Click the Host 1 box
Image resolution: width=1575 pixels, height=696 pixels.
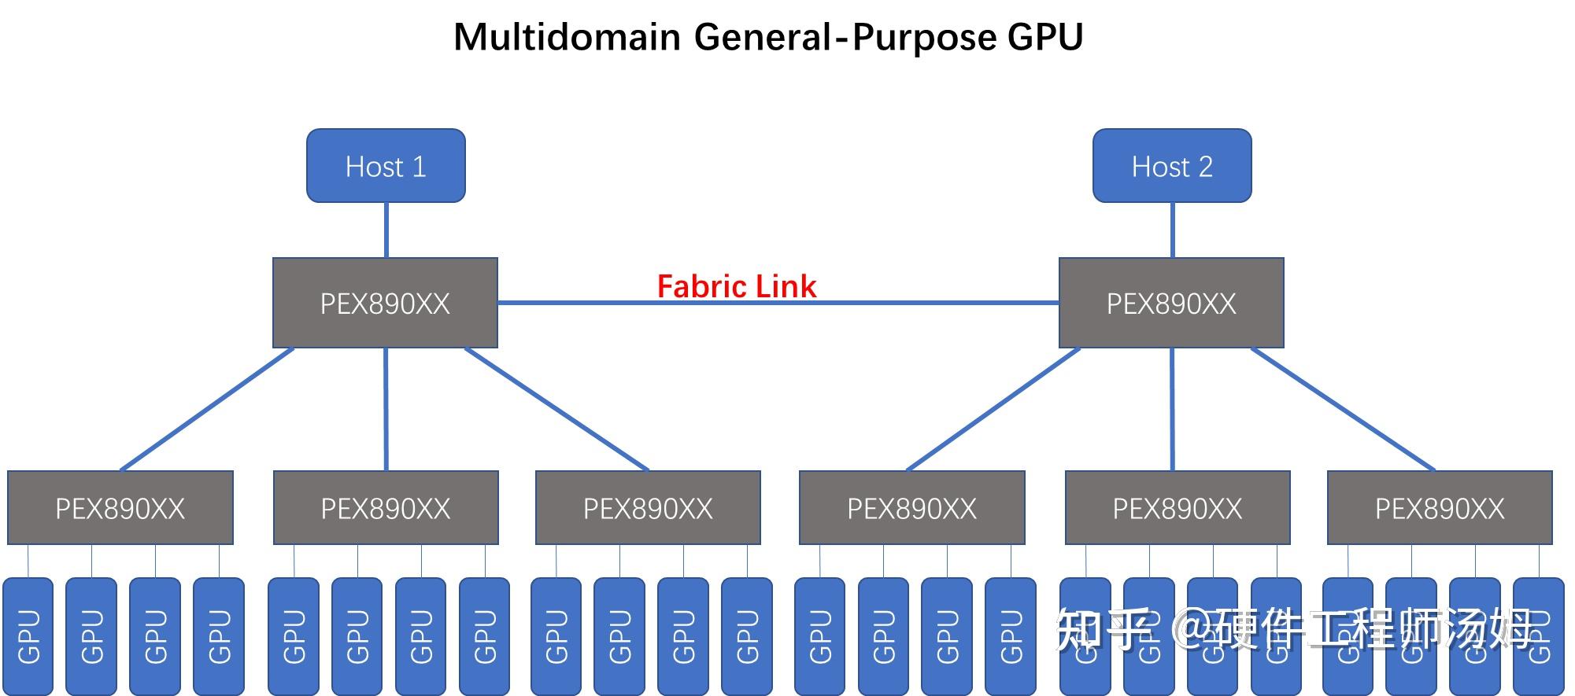click(x=386, y=166)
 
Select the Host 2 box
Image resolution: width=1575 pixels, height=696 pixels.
click(x=1172, y=166)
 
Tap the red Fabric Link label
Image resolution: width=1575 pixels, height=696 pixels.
click(x=737, y=286)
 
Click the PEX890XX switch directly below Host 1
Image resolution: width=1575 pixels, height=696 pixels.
click(x=385, y=303)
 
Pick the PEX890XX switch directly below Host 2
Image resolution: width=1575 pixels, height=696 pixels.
click(x=1171, y=303)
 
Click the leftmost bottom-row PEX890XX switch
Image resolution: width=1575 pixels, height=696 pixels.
click(x=120, y=508)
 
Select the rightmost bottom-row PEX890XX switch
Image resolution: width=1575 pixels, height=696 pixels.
click(x=1440, y=508)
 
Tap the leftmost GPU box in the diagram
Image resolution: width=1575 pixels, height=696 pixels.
click(x=28, y=635)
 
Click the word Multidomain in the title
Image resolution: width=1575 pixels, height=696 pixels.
click(x=567, y=37)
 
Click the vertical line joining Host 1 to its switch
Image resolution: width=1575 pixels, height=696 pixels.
click(x=386, y=230)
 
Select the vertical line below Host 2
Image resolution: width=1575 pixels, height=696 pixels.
click(x=1172, y=230)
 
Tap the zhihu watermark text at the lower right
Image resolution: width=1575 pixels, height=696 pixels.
click(x=1299, y=629)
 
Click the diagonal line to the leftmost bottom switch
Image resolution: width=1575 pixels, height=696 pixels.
click(x=207, y=409)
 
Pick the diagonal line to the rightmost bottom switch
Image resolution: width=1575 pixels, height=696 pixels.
click(x=1343, y=409)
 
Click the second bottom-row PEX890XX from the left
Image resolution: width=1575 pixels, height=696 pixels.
click(x=386, y=508)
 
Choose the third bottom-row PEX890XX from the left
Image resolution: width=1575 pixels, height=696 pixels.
click(x=648, y=508)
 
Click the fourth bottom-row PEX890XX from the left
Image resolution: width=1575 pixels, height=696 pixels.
click(x=911, y=508)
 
